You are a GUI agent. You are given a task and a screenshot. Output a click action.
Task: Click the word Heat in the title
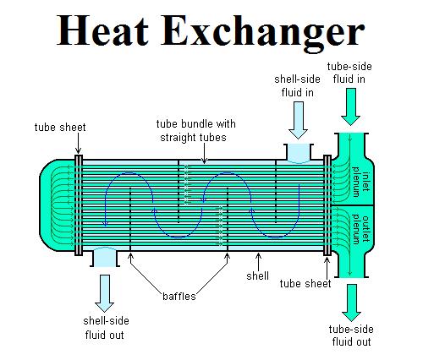pos(102,30)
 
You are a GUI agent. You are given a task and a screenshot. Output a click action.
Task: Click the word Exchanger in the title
pos(263,34)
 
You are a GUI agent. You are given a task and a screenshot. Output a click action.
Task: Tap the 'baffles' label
pos(179,296)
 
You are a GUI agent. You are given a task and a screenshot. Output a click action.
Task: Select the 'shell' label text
pos(257,275)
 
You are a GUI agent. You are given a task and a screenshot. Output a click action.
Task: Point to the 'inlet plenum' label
pos(361,182)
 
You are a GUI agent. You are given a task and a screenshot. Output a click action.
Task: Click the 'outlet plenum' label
pos(361,229)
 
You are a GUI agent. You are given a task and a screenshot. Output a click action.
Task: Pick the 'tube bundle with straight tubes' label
pos(195,131)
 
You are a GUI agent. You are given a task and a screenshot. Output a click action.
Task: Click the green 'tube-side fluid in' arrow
pos(350,106)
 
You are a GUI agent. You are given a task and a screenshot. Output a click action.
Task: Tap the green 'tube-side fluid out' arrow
pos(351,303)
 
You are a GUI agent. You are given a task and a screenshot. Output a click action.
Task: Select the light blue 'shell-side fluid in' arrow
pos(298,120)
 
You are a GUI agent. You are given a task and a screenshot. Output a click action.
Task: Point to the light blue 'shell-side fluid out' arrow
pos(104,293)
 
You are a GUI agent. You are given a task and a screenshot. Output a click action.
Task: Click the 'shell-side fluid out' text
pos(106,328)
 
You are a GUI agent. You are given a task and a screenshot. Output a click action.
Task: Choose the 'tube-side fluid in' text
pos(349,73)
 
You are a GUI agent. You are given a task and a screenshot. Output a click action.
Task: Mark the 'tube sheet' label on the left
pos(60,127)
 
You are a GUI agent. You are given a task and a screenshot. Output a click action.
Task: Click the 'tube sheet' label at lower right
pos(305,284)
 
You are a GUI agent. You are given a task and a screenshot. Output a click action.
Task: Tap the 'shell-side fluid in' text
pos(297,86)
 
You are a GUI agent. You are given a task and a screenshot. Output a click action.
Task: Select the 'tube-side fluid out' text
pos(351,335)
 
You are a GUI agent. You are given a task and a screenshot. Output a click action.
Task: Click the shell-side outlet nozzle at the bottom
pos(105,257)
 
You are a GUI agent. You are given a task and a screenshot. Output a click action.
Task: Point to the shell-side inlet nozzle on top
pos(299,154)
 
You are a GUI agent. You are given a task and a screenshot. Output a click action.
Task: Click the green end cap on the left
pos(57,205)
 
